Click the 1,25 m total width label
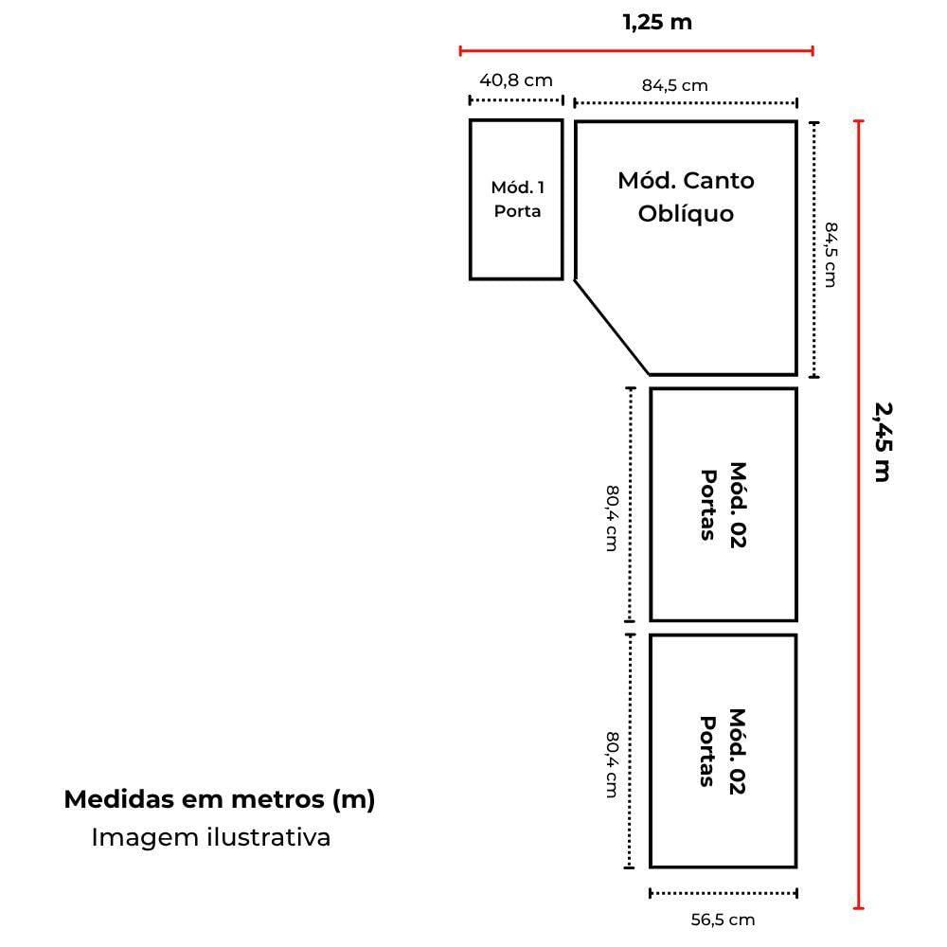tap(657, 23)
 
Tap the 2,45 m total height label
tap(883, 442)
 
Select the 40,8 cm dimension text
tap(516, 80)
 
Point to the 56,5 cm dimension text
tap(723, 920)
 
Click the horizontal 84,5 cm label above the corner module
tap(674, 86)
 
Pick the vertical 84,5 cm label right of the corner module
tap(831, 255)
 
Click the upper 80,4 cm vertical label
tap(612, 518)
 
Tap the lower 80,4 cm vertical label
tap(612, 764)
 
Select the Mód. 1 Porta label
tap(518, 199)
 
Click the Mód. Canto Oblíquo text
tap(686, 198)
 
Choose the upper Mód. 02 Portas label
tap(723, 505)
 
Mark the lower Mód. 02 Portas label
tap(723, 751)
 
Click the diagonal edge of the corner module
tap(613, 328)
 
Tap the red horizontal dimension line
tap(636, 51)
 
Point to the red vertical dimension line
tap(859, 514)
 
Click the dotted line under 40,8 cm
tap(516, 100)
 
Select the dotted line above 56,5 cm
tap(724, 893)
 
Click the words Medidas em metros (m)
tap(220, 799)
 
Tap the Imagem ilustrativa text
tap(211, 838)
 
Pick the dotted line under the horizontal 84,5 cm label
tap(686, 103)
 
